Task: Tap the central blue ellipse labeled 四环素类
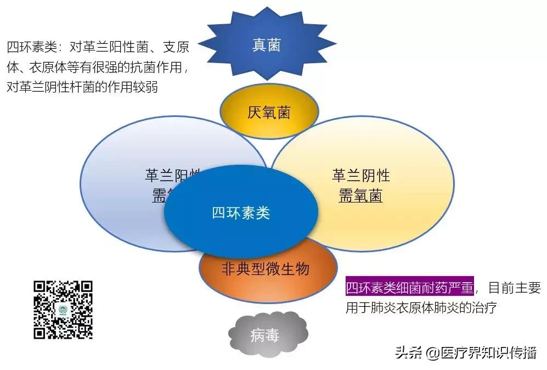[x=241, y=212]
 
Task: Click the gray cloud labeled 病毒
[x=266, y=334]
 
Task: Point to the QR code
[x=63, y=310]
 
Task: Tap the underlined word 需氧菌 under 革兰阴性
[x=360, y=195]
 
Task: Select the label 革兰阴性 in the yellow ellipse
[x=360, y=176]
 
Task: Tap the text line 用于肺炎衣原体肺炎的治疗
[x=421, y=307]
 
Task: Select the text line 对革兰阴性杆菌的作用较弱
[x=82, y=87]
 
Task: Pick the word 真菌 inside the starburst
[x=266, y=45]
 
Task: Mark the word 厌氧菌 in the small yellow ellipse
[x=268, y=113]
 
